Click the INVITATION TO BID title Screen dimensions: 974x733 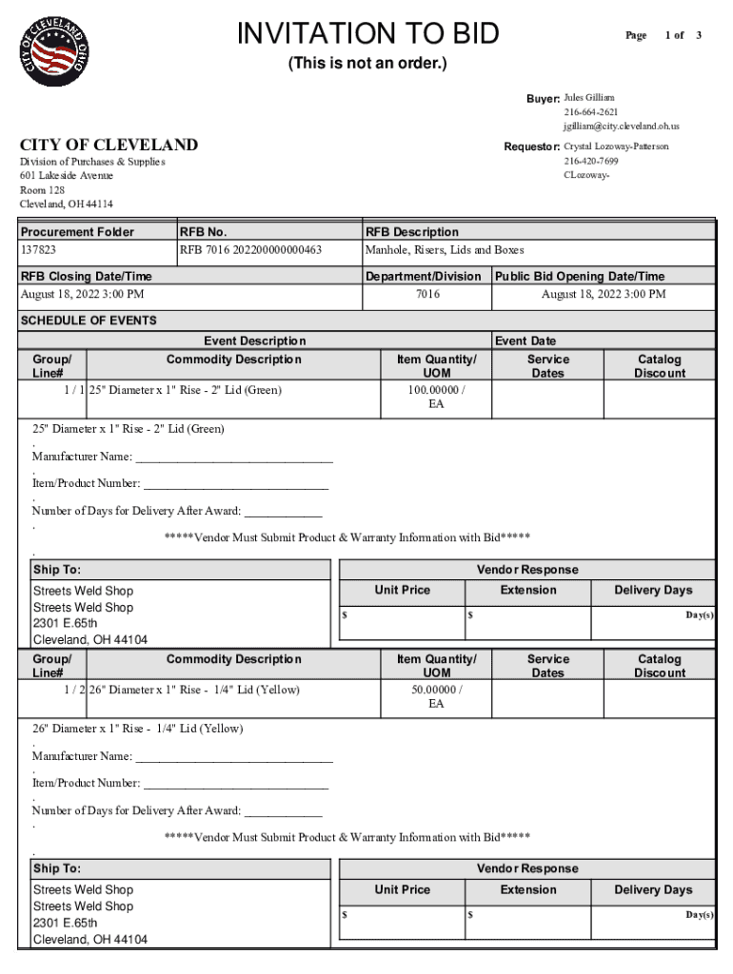367,34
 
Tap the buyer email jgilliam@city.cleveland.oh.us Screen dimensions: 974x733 621,126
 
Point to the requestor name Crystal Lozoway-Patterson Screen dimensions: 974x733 616,146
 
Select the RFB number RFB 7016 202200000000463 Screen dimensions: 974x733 250,250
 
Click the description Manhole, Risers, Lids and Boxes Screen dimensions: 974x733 445,250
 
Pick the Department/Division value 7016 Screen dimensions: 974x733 427,294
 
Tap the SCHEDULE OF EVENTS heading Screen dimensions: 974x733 89,321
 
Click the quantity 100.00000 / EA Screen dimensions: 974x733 436,397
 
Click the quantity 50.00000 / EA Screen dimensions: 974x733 436,696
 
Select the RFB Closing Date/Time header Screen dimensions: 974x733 86,276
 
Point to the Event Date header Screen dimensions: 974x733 525,341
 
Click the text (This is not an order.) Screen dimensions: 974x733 367,64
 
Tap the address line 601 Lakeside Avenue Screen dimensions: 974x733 67,176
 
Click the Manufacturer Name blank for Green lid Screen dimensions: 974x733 234,457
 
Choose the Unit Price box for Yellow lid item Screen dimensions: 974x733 402,916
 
